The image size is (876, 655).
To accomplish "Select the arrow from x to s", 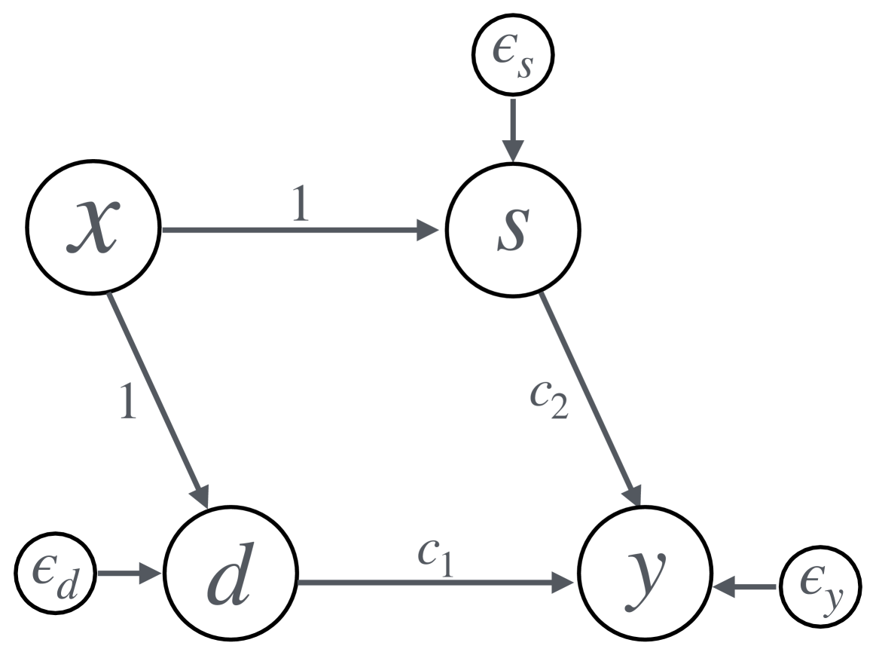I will (x=301, y=230).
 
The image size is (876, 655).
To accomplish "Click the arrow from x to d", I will (x=158, y=399).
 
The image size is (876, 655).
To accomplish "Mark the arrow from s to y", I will (x=591, y=399).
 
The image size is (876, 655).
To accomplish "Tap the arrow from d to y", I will (x=437, y=583).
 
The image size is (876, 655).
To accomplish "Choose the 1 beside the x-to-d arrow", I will (x=130, y=403).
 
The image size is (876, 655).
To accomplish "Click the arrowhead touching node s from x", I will (x=429, y=230).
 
